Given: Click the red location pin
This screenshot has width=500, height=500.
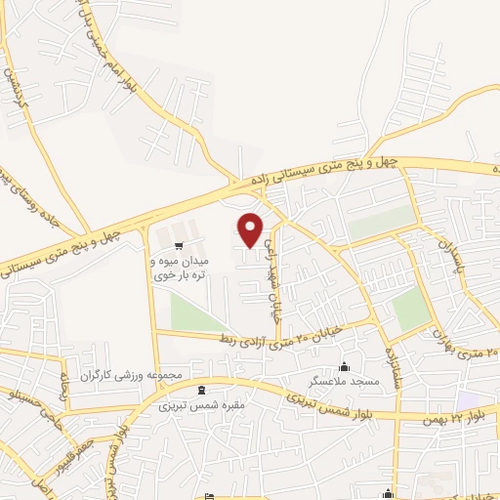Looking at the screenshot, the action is click(x=251, y=230).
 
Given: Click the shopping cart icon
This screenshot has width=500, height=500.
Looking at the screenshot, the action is click(x=178, y=245).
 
